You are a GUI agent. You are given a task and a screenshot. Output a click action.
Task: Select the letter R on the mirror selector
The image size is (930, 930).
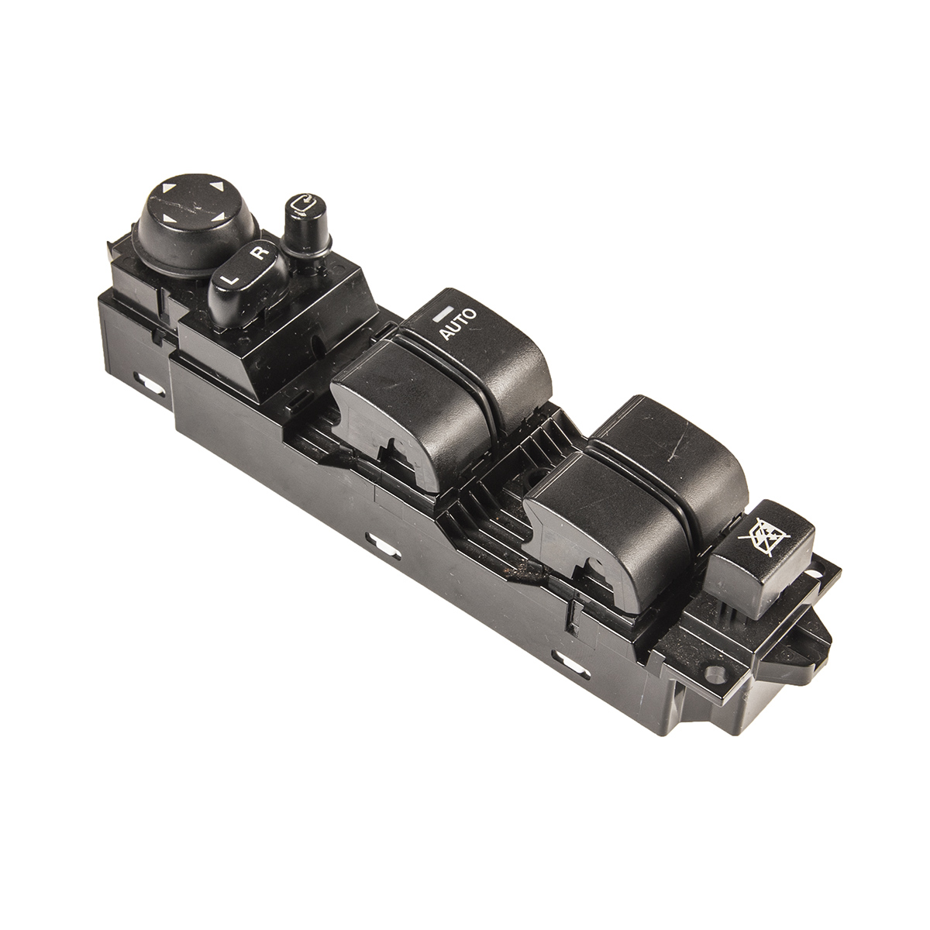pos(260,251)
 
